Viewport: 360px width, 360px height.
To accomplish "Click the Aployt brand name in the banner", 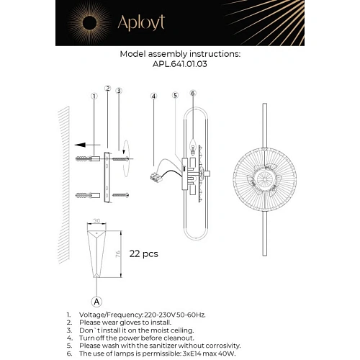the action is [x=141, y=23].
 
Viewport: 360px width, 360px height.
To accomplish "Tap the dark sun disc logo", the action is [x=89, y=23].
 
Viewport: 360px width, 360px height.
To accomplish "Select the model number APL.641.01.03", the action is [x=180, y=64].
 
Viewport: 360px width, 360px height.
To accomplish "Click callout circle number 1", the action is [x=94, y=96].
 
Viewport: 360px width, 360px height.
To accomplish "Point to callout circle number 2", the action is [x=108, y=89].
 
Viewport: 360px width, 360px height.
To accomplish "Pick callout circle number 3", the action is [x=119, y=91].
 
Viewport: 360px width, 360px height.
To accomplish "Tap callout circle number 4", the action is [x=153, y=96].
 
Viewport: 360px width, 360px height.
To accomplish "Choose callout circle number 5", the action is [x=176, y=95].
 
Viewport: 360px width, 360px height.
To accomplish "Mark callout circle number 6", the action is [x=193, y=93].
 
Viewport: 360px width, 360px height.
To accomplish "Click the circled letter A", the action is [x=96, y=302].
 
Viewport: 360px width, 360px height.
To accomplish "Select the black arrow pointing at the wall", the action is [x=87, y=145].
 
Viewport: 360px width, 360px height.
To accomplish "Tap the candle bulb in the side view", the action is [x=193, y=146].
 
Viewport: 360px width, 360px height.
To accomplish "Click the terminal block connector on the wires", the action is [x=156, y=177].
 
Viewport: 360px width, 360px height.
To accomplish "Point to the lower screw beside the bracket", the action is [x=121, y=195].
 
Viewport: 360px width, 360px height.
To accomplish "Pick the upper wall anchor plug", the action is [x=88, y=158].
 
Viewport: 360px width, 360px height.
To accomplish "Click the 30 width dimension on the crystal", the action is [x=96, y=221].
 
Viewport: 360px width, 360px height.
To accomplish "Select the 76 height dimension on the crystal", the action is [x=118, y=254].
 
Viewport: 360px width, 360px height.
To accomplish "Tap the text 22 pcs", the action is [x=143, y=254].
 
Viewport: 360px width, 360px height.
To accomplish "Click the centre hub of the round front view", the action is [x=264, y=179].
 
